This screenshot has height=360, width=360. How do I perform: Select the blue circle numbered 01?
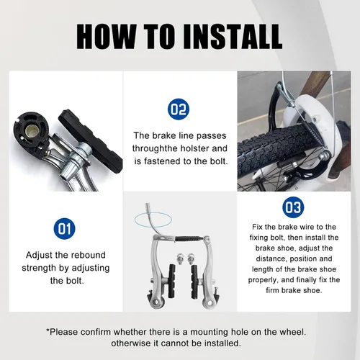(64, 228)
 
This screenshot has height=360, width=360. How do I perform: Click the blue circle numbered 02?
(179, 109)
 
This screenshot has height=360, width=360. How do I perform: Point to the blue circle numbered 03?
(293, 207)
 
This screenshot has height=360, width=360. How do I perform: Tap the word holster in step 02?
(194, 148)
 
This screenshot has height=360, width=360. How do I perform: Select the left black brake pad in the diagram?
(172, 277)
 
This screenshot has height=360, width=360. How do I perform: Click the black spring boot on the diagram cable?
(188, 238)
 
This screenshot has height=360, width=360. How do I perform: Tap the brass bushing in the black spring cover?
(30, 130)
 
